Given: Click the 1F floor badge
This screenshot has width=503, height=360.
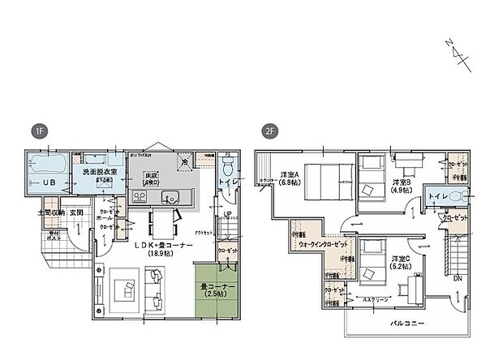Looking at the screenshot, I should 37,131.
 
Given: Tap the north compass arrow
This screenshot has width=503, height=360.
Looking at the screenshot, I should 460,52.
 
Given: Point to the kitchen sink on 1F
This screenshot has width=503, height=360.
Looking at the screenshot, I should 172,195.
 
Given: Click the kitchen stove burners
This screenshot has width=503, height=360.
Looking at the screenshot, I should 139,195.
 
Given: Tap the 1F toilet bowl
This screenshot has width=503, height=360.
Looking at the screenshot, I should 228,171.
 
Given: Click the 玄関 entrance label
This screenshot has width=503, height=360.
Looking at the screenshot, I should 76,213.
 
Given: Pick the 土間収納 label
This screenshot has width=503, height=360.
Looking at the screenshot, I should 51,213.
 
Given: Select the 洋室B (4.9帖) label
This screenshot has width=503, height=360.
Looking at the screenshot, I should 398,187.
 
